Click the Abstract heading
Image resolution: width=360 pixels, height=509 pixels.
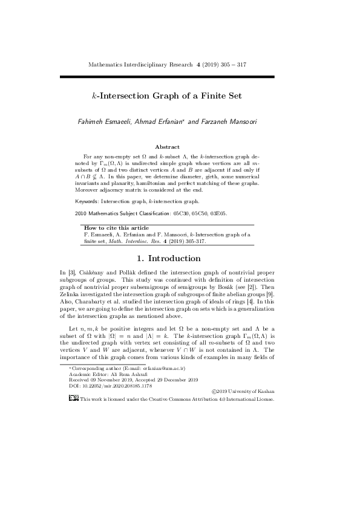coord(167,147)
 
